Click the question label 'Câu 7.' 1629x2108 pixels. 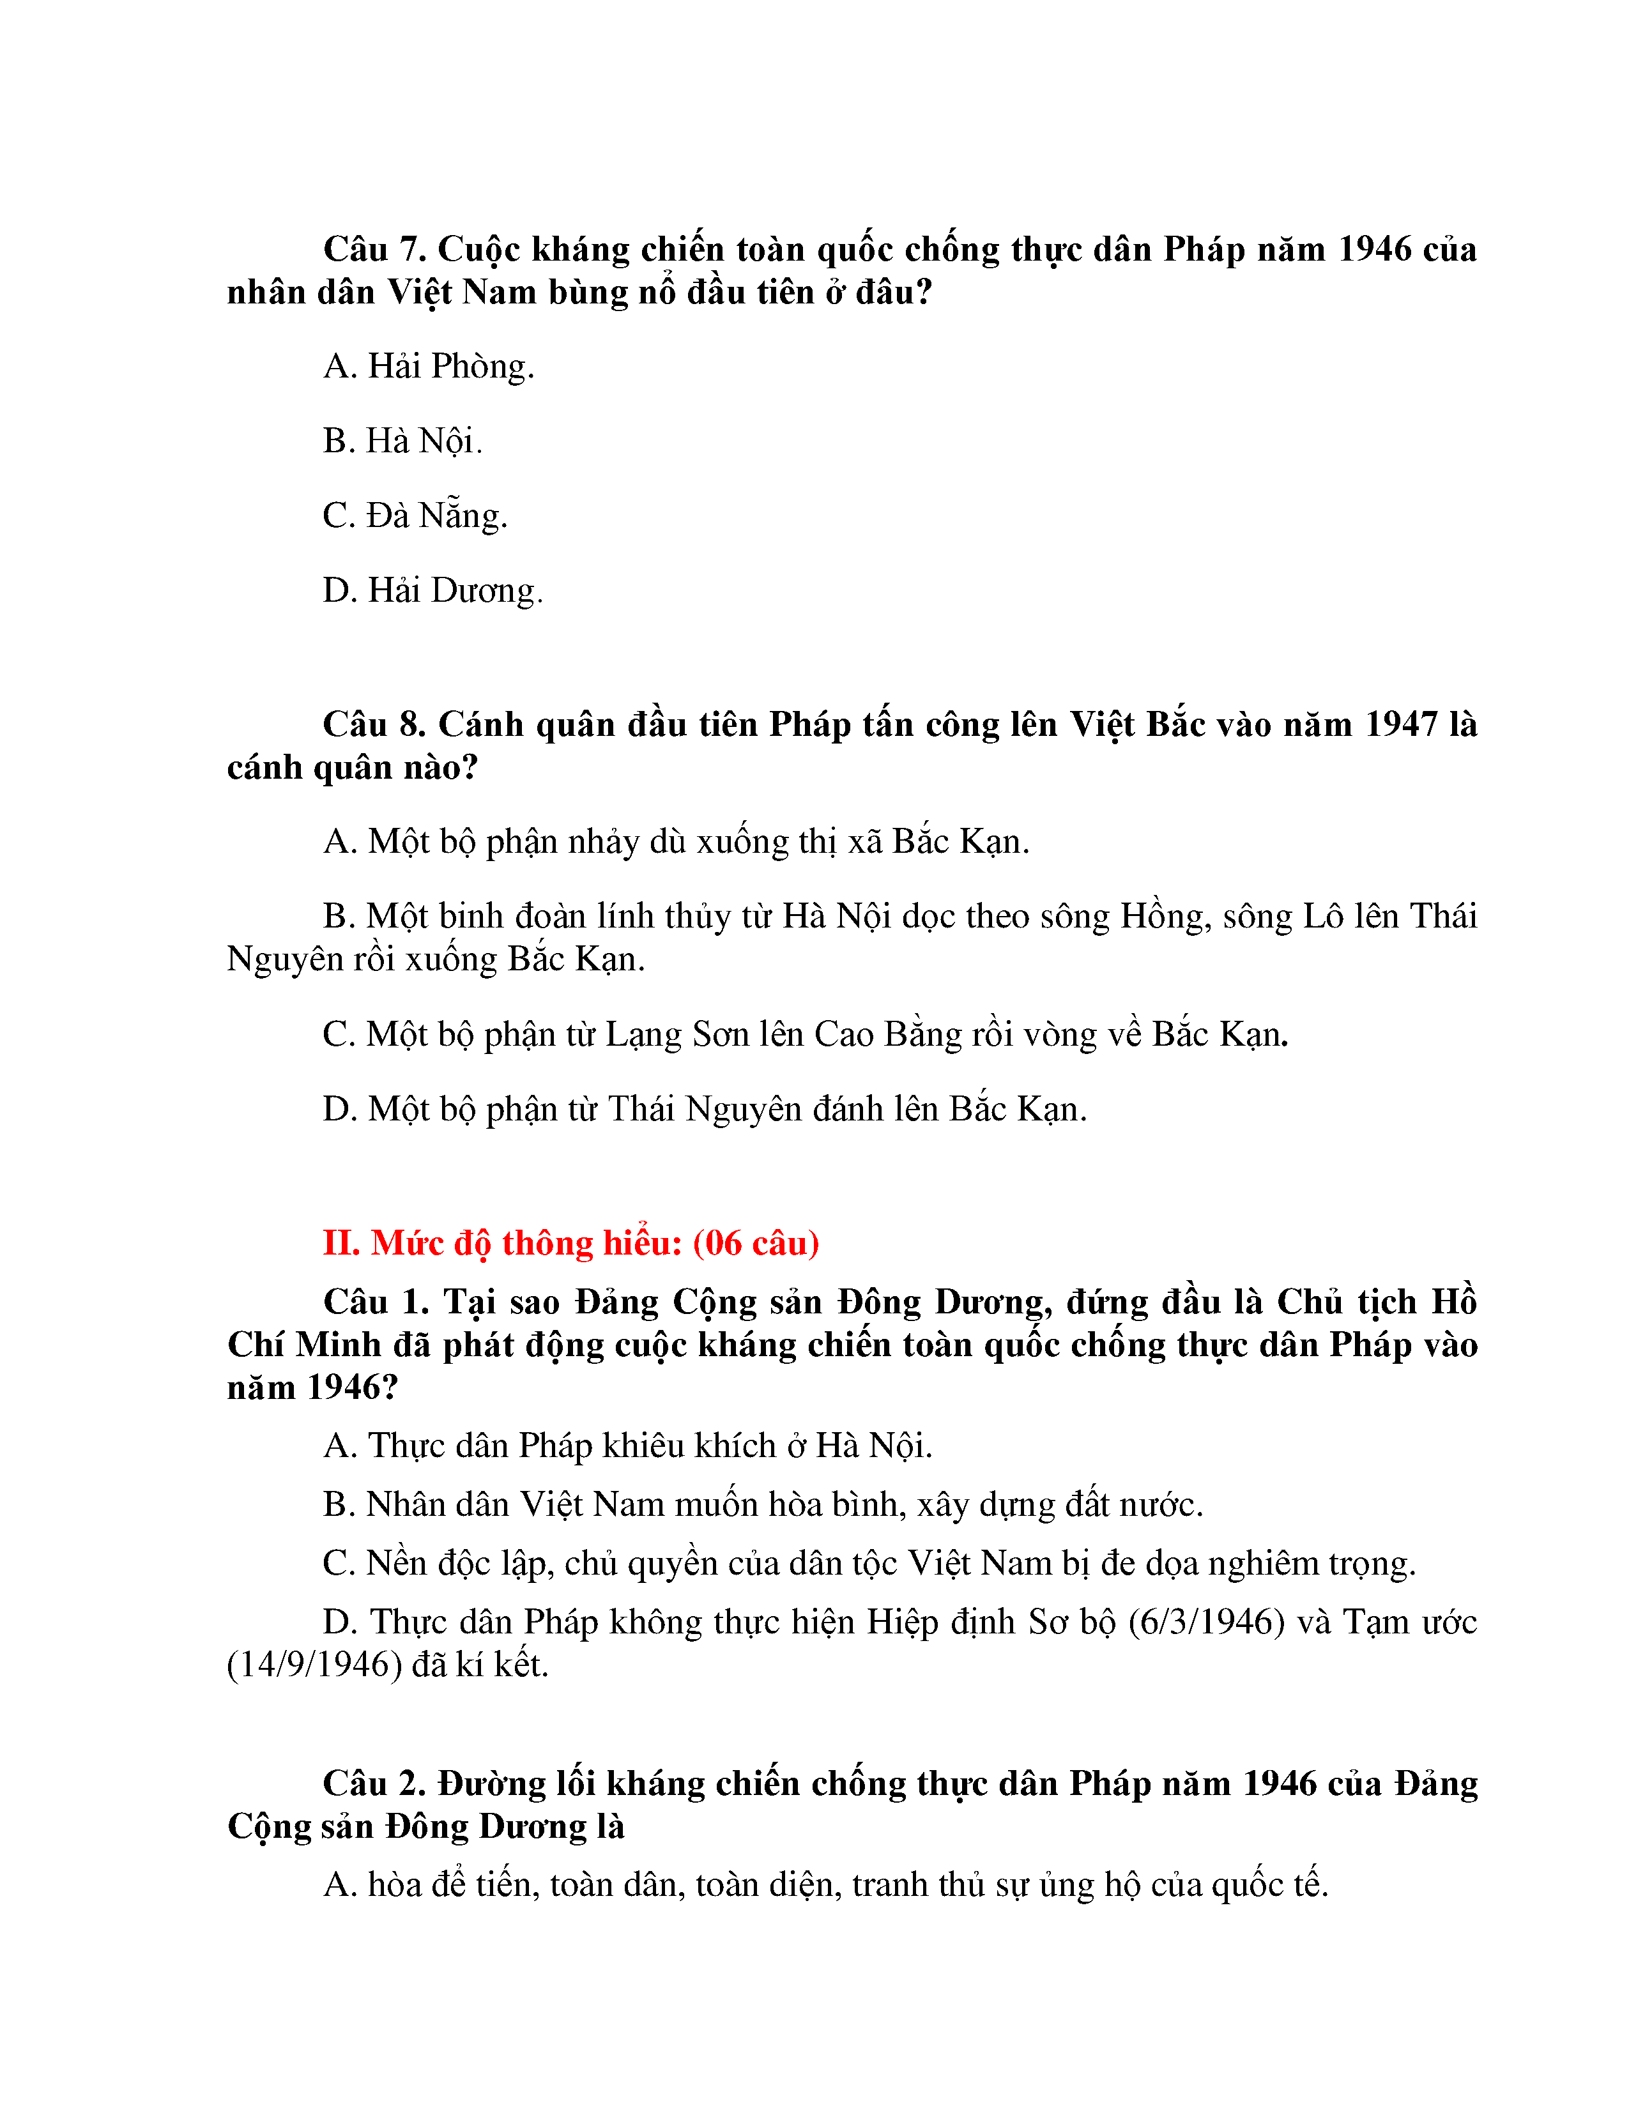(374, 249)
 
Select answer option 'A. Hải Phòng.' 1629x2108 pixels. (429, 366)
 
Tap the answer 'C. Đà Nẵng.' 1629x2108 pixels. (415, 516)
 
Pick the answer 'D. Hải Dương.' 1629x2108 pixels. (433, 590)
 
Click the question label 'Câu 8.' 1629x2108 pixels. (374, 724)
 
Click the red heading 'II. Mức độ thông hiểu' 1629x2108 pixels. (503, 1243)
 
